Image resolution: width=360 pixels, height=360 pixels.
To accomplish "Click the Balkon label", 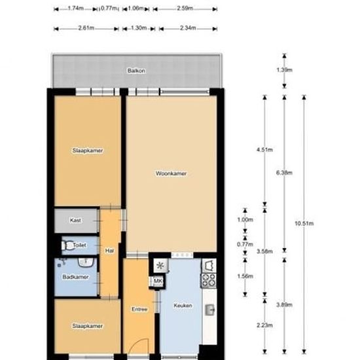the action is pyautogui.click(x=136, y=71).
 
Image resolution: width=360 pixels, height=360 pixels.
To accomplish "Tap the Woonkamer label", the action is pyautogui.click(x=171, y=173).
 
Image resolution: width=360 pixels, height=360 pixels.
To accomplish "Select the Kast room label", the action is pyautogui.click(x=75, y=220).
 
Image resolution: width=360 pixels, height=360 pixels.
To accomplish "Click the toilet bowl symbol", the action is pyautogui.click(x=67, y=245).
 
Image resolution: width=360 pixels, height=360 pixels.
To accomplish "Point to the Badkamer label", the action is pyautogui.click(x=75, y=277).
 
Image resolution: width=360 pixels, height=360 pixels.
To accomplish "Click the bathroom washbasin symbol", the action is pyautogui.click(x=86, y=262).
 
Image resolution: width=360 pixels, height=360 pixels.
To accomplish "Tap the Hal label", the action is pyautogui.click(x=109, y=251).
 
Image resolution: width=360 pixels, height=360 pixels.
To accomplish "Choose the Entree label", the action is pyautogui.click(x=139, y=309).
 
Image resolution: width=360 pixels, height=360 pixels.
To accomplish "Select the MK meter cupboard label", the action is pyautogui.click(x=158, y=281).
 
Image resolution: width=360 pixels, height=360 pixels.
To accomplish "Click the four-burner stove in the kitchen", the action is pyautogui.click(x=209, y=280).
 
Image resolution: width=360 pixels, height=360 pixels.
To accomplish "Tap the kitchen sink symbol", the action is pyautogui.click(x=209, y=310).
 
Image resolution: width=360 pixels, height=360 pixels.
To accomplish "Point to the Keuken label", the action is pyautogui.click(x=183, y=306).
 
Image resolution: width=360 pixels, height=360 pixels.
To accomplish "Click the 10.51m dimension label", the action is pyautogui.click(x=304, y=223).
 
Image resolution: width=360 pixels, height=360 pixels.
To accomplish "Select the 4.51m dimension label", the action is pyautogui.click(x=264, y=150).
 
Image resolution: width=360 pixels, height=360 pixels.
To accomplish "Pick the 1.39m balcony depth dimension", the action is pyautogui.click(x=285, y=70).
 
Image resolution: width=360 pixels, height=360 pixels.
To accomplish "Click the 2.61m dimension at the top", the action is pyautogui.click(x=86, y=28).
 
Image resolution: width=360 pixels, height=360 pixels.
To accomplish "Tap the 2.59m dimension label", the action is pyautogui.click(x=185, y=9).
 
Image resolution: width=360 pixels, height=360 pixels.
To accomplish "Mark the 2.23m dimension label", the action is pyautogui.click(x=264, y=325).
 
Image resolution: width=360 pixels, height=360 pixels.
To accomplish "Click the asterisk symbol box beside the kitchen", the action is pyautogui.click(x=160, y=266).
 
